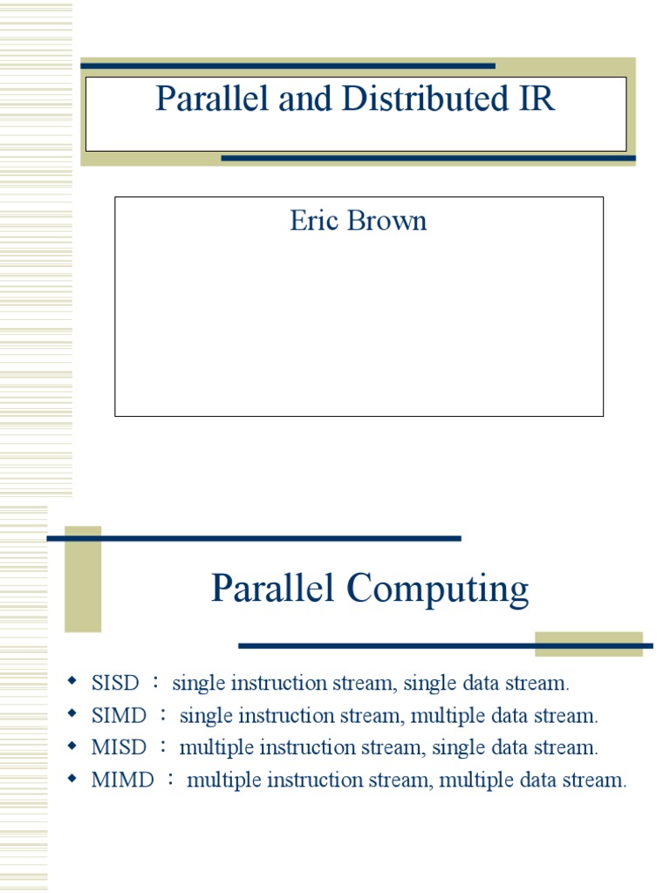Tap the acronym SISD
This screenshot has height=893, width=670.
pos(115,683)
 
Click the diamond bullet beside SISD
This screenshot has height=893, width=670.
pos(73,680)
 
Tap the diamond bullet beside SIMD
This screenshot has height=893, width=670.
pos(73,713)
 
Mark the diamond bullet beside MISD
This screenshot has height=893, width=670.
pos(73,746)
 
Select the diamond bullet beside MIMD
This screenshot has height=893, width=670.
pos(73,778)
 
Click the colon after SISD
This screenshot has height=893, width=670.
pos(156,683)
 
